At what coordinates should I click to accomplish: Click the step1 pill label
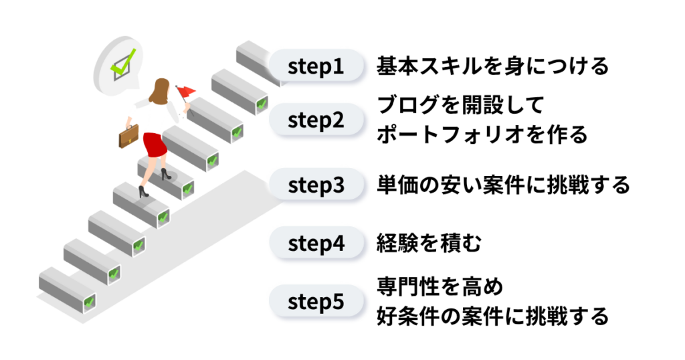coord(316,68)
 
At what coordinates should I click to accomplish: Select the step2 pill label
coord(316,121)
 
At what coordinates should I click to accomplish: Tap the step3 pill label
coord(316,185)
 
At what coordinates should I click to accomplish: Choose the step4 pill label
coord(316,244)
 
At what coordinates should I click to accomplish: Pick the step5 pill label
coord(316,302)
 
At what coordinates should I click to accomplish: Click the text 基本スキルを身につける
coord(492,67)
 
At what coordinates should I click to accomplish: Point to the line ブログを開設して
coord(461,106)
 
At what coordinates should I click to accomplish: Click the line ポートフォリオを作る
coord(482,135)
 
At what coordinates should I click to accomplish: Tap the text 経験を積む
coord(428,244)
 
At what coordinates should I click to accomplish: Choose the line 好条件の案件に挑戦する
coord(492,316)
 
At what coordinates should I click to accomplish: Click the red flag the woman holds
coord(186,90)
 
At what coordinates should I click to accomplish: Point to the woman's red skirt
coord(155,144)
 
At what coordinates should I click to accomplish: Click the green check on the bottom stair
coord(88,302)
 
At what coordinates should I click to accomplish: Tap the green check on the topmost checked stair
coord(262,104)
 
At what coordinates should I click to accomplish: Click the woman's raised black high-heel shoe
coord(142,191)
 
